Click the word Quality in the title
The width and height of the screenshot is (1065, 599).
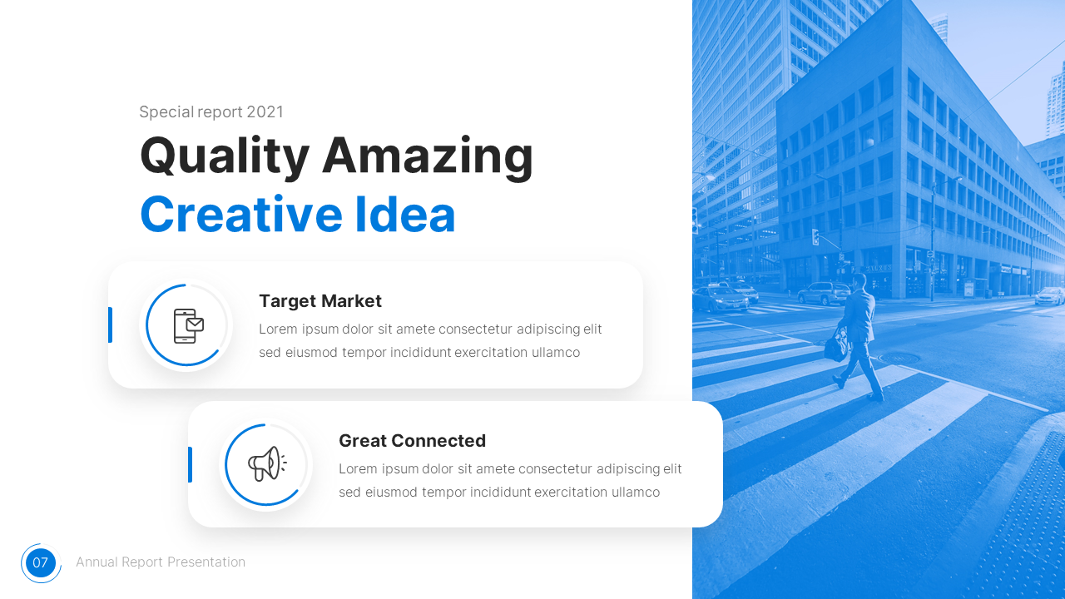coord(224,156)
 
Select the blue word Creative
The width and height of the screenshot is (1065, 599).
coord(240,214)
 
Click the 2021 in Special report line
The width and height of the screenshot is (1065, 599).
coord(265,112)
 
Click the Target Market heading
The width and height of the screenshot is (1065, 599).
coord(319,301)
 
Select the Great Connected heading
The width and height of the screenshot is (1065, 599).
coord(412,441)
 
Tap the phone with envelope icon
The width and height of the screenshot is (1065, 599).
coord(188,325)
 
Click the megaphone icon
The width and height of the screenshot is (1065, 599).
coord(266,463)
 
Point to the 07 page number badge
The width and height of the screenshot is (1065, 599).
coord(41,563)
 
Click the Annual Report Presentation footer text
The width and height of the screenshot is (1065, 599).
coord(161,562)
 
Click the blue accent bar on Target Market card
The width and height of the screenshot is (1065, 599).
coord(110,324)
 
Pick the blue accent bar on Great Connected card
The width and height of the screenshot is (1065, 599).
coord(190,464)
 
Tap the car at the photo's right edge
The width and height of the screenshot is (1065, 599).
coord(1049,295)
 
